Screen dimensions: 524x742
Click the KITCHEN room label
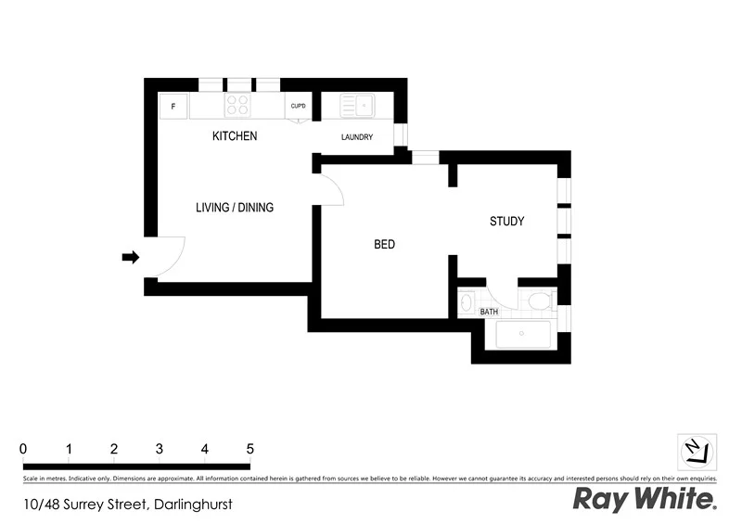(235, 136)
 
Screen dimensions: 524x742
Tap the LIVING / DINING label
(235, 208)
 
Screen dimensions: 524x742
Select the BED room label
(384, 245)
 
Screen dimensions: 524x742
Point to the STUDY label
(507, 222)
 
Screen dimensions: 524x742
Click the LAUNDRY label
(357, 138)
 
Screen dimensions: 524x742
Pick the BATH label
(489, 312)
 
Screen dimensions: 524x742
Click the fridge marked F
(173, 107)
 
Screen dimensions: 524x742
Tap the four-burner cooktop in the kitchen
(237, 106)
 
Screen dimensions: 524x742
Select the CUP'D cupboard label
(299, 106)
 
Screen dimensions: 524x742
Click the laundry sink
(356, 107)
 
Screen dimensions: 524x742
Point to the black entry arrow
(131, 257)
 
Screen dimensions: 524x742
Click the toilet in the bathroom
(539, 300)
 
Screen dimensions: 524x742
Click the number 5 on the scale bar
(249, 449)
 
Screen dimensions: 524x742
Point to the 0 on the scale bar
(23, 449)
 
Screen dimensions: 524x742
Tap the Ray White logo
(646, 500)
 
